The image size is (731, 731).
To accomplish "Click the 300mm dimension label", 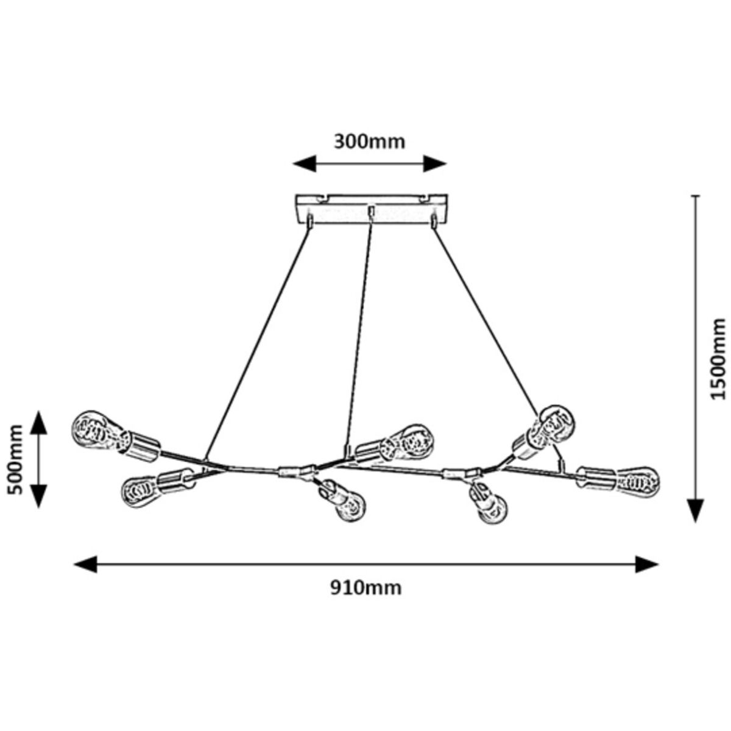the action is tap(369, 143).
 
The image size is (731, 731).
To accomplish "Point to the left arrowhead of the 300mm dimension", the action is tap(305, 164).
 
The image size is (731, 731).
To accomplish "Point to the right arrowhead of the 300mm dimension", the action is tap(435, 164).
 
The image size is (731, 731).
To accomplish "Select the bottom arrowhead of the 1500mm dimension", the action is tap(695, 510).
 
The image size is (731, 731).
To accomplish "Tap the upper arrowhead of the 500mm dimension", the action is tap(39, 423).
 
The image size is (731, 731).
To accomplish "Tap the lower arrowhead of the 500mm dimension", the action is tap(39, 496).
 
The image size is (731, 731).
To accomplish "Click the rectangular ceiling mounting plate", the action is tap(372, 209).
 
